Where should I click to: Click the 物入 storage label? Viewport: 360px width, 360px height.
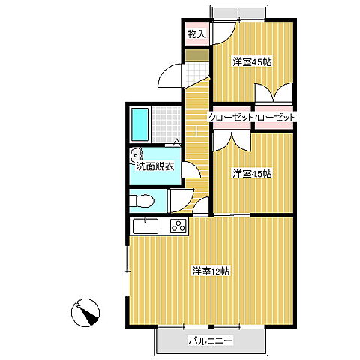click(197, 34)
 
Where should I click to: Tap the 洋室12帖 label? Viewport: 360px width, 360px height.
click(211, 271)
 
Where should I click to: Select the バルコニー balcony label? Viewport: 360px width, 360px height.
click(210, 340)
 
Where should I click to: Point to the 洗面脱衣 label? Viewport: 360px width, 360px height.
click(155, 166)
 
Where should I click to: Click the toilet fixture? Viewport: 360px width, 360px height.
click(142, 201)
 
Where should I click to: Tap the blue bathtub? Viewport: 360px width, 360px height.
click(140, 124)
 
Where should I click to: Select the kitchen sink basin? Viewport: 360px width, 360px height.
click(145, 226)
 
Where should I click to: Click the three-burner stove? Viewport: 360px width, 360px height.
click(178, 226)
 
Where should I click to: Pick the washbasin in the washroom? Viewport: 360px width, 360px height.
click(136, 156)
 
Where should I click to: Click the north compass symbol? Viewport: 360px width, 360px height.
click(85, 313)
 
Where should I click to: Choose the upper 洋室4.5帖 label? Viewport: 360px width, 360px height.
click(252, 62)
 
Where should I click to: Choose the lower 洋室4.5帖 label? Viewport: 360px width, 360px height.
click(252, 173)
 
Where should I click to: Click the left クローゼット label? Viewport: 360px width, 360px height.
click(230, 118)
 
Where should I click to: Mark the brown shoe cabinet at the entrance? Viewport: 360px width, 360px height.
click(197, 55)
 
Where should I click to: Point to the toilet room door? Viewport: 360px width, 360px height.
click(181, 201)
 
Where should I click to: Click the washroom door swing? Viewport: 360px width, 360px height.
click(191, 170)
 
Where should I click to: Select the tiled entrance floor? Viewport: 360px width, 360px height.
click(197, 73)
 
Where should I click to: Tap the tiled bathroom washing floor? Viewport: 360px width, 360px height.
click(166, 124)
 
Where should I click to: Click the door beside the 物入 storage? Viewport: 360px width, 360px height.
click(223, 34)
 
